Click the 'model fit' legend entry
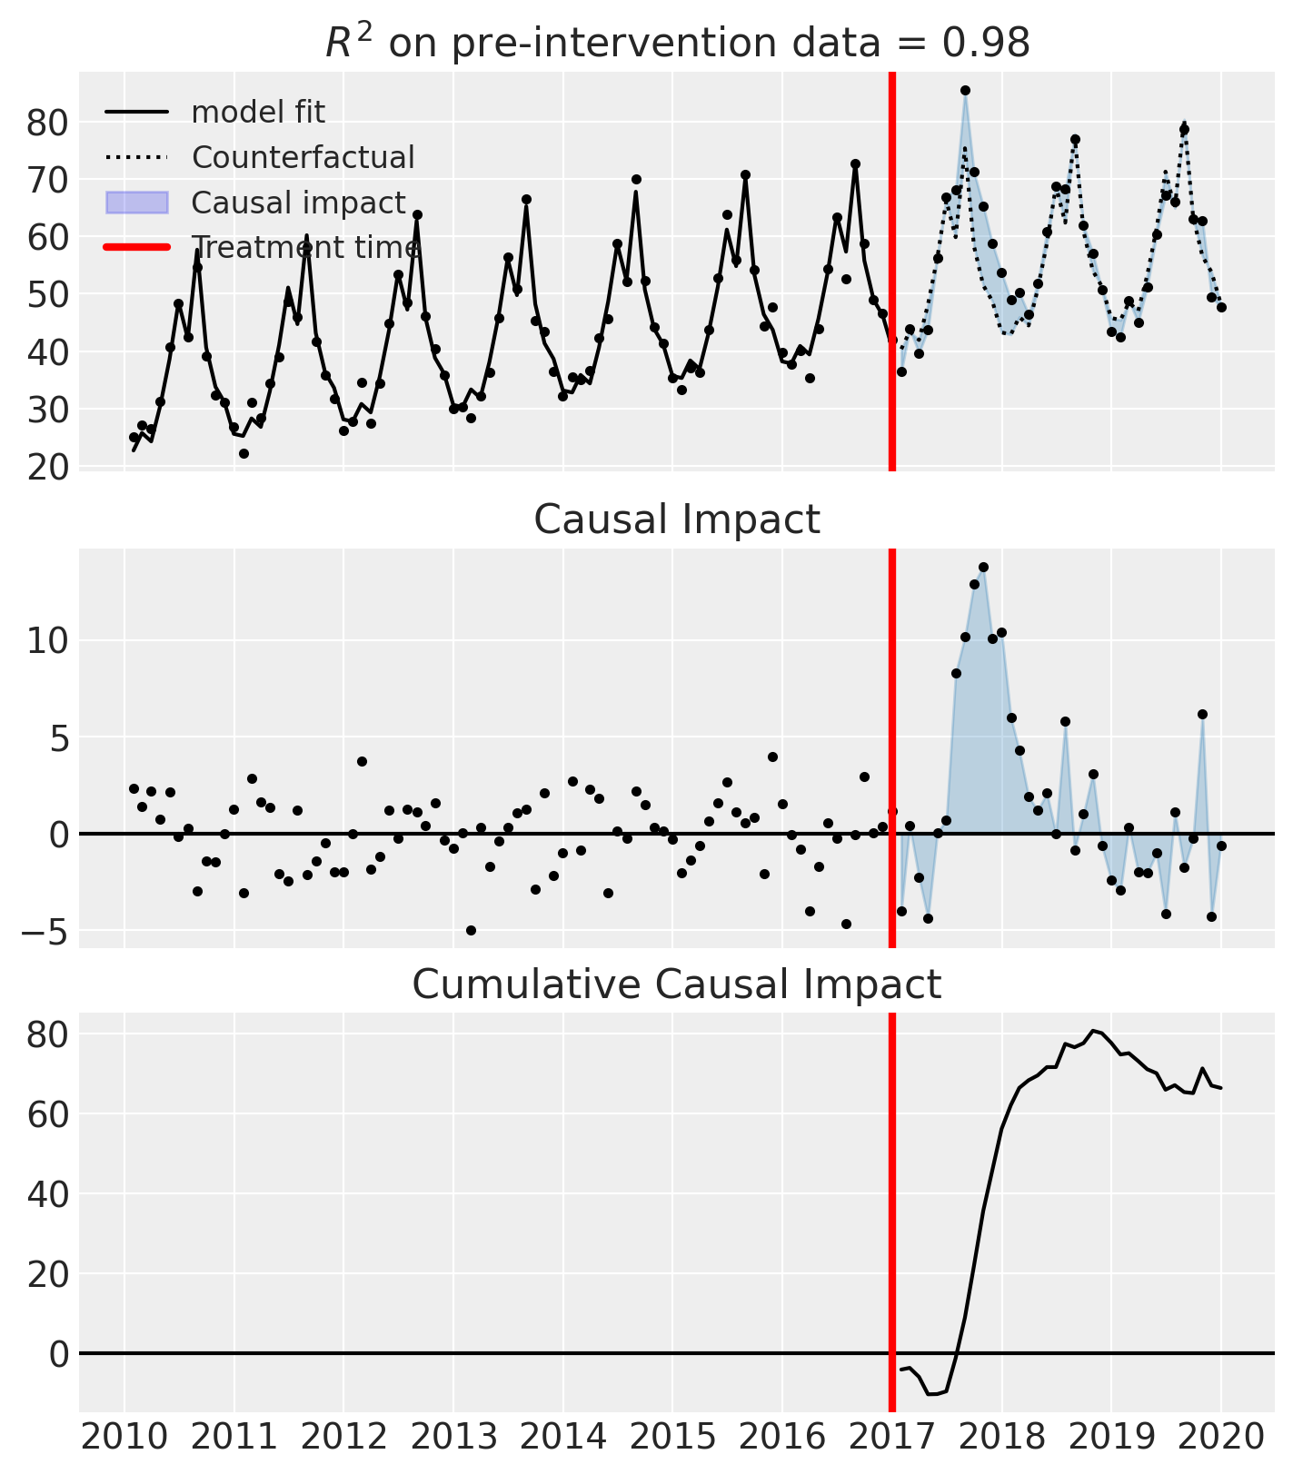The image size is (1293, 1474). click(257, 113)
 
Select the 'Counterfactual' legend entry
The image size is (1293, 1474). click(303, 158)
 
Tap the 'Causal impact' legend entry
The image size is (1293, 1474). click(298, 203)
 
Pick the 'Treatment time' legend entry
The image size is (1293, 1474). click(305, 248)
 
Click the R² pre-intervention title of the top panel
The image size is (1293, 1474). click(677, 43)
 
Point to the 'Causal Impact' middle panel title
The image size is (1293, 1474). click(677, 520)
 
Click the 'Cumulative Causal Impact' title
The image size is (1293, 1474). click(677, 984)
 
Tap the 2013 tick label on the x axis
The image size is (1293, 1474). click(453, 1439)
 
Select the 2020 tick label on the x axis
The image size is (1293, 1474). click(1220, 1439)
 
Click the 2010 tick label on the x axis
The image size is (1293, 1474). click(124, 1439)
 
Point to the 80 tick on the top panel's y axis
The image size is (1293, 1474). click(47, 123)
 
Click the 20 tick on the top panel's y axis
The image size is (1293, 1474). click(47, 467)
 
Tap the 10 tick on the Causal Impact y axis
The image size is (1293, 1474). click(47, 641)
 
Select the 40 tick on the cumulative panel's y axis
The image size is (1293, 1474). click(47, 1194)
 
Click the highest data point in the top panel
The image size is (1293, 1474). click(965, 90)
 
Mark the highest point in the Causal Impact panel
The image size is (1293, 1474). click(983, 567)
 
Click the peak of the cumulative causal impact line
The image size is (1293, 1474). click(1093, 1031)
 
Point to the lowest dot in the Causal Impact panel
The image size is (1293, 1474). click(471, 930)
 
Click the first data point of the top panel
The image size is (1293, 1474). click(134, 437)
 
